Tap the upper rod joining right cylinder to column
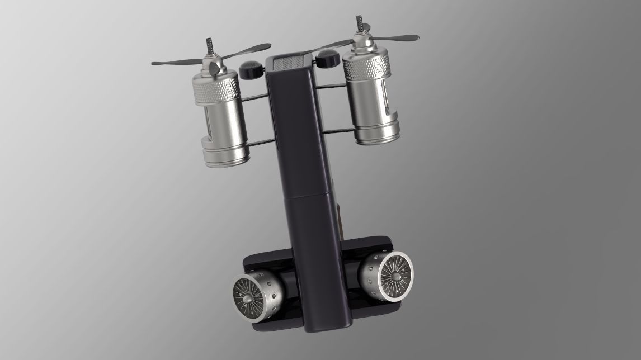[x=332, y=86]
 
